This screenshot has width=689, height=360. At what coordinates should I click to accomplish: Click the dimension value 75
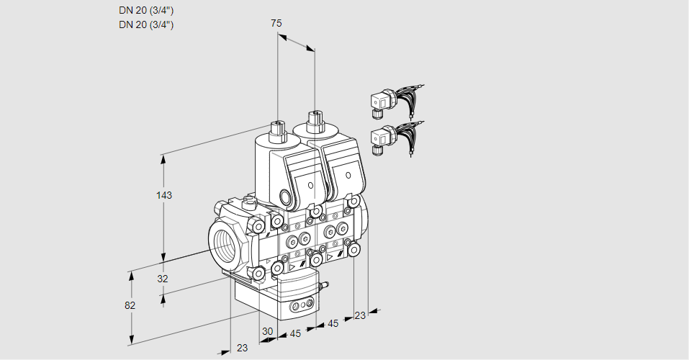coord(276,23)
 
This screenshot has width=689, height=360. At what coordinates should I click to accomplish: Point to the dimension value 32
coord(163,279)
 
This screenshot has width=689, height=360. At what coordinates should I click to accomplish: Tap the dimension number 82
coord(130,305)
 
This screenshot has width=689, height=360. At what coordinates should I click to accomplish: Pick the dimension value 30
coord(268,331)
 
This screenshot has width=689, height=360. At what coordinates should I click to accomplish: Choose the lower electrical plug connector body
coord(380,137)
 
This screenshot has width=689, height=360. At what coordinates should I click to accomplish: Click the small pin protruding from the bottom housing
coord(324,285)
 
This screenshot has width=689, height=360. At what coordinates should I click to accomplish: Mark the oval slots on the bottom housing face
coord(302,307)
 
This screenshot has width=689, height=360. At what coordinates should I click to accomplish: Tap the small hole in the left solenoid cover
coord(310,185)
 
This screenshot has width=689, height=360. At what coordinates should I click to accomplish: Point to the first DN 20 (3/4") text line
coord(146,10)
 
